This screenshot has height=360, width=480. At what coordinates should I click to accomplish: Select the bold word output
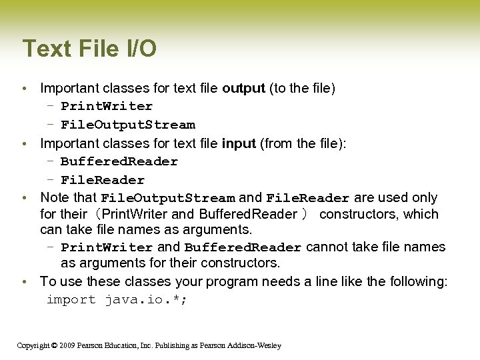point(243,88)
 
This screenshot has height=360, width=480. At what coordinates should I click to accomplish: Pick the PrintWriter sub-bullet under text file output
point(107,106)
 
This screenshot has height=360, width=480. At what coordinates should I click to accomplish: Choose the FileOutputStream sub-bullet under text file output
point(128,125)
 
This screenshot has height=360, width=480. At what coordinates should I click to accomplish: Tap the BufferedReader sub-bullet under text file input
point(119,161)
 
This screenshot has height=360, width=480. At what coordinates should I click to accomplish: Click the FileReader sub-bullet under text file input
point(103,180)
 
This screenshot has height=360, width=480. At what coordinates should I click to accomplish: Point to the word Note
point(54,198)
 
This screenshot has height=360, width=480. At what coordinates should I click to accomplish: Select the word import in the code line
point(71,300)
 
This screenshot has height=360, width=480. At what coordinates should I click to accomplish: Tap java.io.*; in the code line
point(147,300)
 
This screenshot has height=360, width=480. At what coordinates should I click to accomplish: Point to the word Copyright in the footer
point(32,345)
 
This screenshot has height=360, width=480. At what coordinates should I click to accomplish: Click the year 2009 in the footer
point(66,345)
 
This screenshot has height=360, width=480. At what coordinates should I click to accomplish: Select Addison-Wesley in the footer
point(257,345)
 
